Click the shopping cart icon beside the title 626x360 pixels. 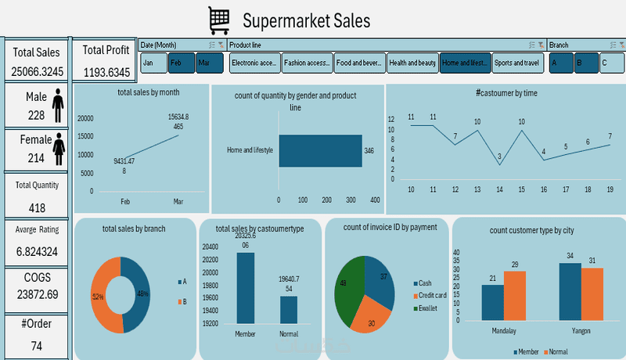[220, 19]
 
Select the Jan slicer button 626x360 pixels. [153, 63]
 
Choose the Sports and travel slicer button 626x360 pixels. [516, 63]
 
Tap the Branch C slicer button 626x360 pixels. [611, 63]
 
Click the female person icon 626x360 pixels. [58, 149]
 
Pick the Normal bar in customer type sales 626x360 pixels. [289, 309]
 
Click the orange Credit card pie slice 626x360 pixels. [369, 317]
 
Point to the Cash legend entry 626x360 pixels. [424, 283]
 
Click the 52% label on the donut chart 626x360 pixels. [99, 297]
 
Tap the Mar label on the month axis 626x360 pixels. [178, 202]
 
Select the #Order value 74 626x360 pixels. [36, 345]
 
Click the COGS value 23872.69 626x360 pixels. [36, 294]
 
